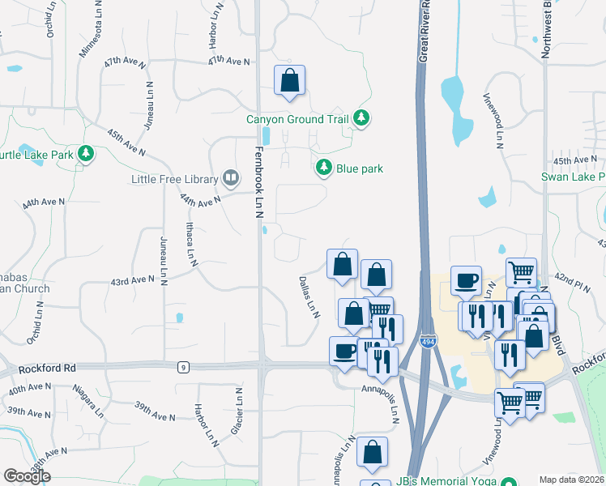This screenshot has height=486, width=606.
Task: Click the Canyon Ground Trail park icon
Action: point(361,119)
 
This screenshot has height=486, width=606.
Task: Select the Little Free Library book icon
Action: point(231,178)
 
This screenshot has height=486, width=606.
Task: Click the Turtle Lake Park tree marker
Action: point(85,154)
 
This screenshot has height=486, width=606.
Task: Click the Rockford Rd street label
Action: point(49,367)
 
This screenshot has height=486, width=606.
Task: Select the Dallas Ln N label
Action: point(309,296)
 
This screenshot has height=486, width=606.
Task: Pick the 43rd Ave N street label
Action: point(132,280)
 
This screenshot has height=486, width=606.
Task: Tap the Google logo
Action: point(26,476)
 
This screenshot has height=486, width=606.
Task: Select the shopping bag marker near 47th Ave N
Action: point(289,80)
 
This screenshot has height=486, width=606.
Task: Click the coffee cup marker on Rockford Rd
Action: point(344,352)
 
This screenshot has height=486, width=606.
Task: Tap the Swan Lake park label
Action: point(574,177)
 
